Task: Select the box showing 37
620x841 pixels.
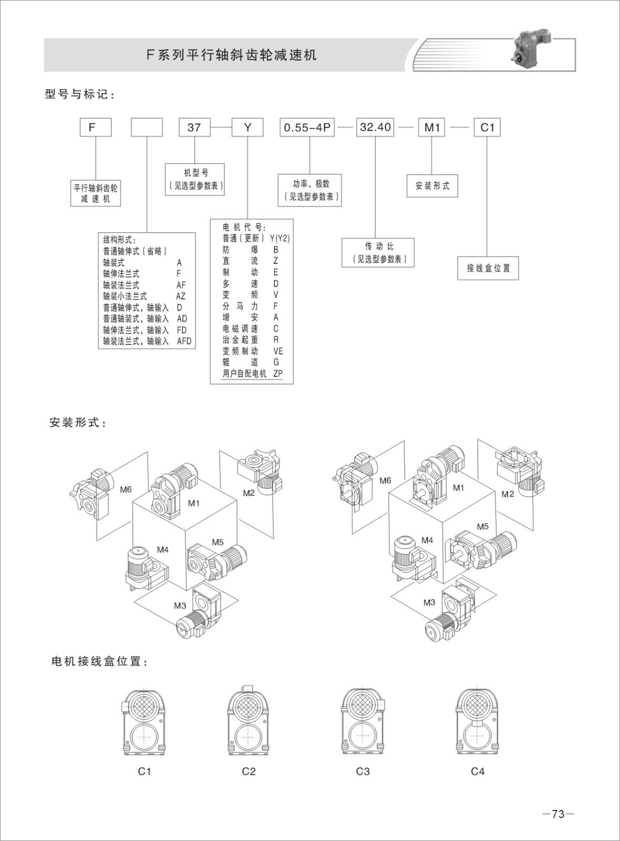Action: click(194, 128)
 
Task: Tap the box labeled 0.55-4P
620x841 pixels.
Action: click(307, 128)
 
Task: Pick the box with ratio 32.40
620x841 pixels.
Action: click(375, 127)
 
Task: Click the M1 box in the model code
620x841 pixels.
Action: click(432, 128)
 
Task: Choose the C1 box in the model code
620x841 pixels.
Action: click(487, 128)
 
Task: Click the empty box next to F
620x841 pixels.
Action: click(147, 128)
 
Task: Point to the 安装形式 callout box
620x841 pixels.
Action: click(432, 186)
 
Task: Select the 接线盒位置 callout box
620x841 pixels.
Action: click(488, 268)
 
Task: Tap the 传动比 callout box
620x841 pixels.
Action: click(378, 252)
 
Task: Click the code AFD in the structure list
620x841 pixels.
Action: click(184, 341)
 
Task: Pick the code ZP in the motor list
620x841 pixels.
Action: click(278, 374)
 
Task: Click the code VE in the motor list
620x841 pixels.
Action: click(278, 351)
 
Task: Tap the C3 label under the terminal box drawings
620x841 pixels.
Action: click(363, 772)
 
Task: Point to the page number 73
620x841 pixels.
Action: click(558, 814)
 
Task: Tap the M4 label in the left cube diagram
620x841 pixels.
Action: click(162, 550)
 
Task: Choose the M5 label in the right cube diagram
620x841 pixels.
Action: click(482, 527)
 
